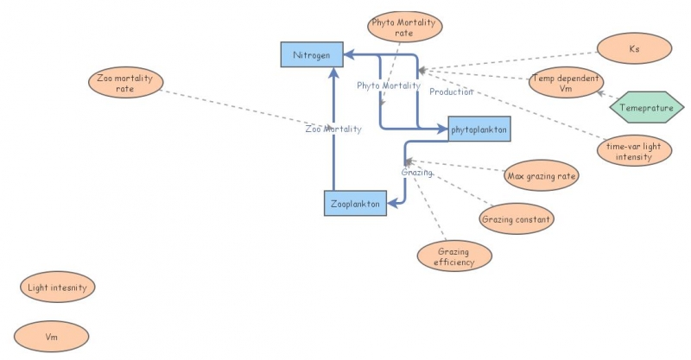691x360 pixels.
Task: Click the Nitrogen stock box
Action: tap(311, 54)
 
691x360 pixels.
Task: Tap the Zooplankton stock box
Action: tap(354, 204)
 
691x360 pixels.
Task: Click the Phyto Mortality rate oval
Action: tap(403, 28)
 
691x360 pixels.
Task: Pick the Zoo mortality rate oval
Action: tap(125, 84)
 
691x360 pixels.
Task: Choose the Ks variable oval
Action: tap(634, 49)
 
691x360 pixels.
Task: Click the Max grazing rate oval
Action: tap(542, 176)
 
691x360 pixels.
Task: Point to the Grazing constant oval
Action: tap(517, 218)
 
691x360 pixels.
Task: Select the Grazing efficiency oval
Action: tap(453, 256)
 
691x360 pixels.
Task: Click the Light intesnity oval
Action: tap(57, 287)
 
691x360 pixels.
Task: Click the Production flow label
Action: tap(451, 92)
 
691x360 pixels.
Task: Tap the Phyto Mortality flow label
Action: tap(389, 85)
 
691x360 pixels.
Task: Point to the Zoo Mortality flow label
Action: tap(333, 129)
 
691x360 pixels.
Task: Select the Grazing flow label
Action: tap(416, 173)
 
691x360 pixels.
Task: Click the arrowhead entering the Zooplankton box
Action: tap(390, 204)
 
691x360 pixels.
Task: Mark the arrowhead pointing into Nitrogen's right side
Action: tap(349, 54)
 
